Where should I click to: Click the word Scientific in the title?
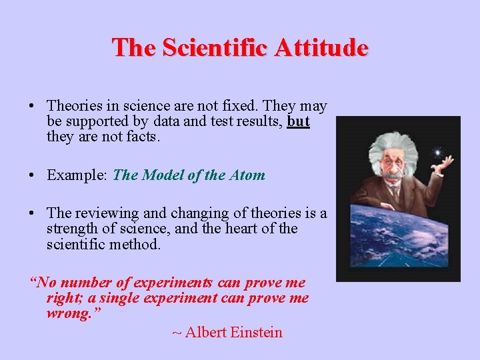pos(211,48)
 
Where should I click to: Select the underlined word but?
pos(299,122)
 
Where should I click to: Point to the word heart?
pos(249,229)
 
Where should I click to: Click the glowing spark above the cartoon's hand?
pos(437,152)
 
